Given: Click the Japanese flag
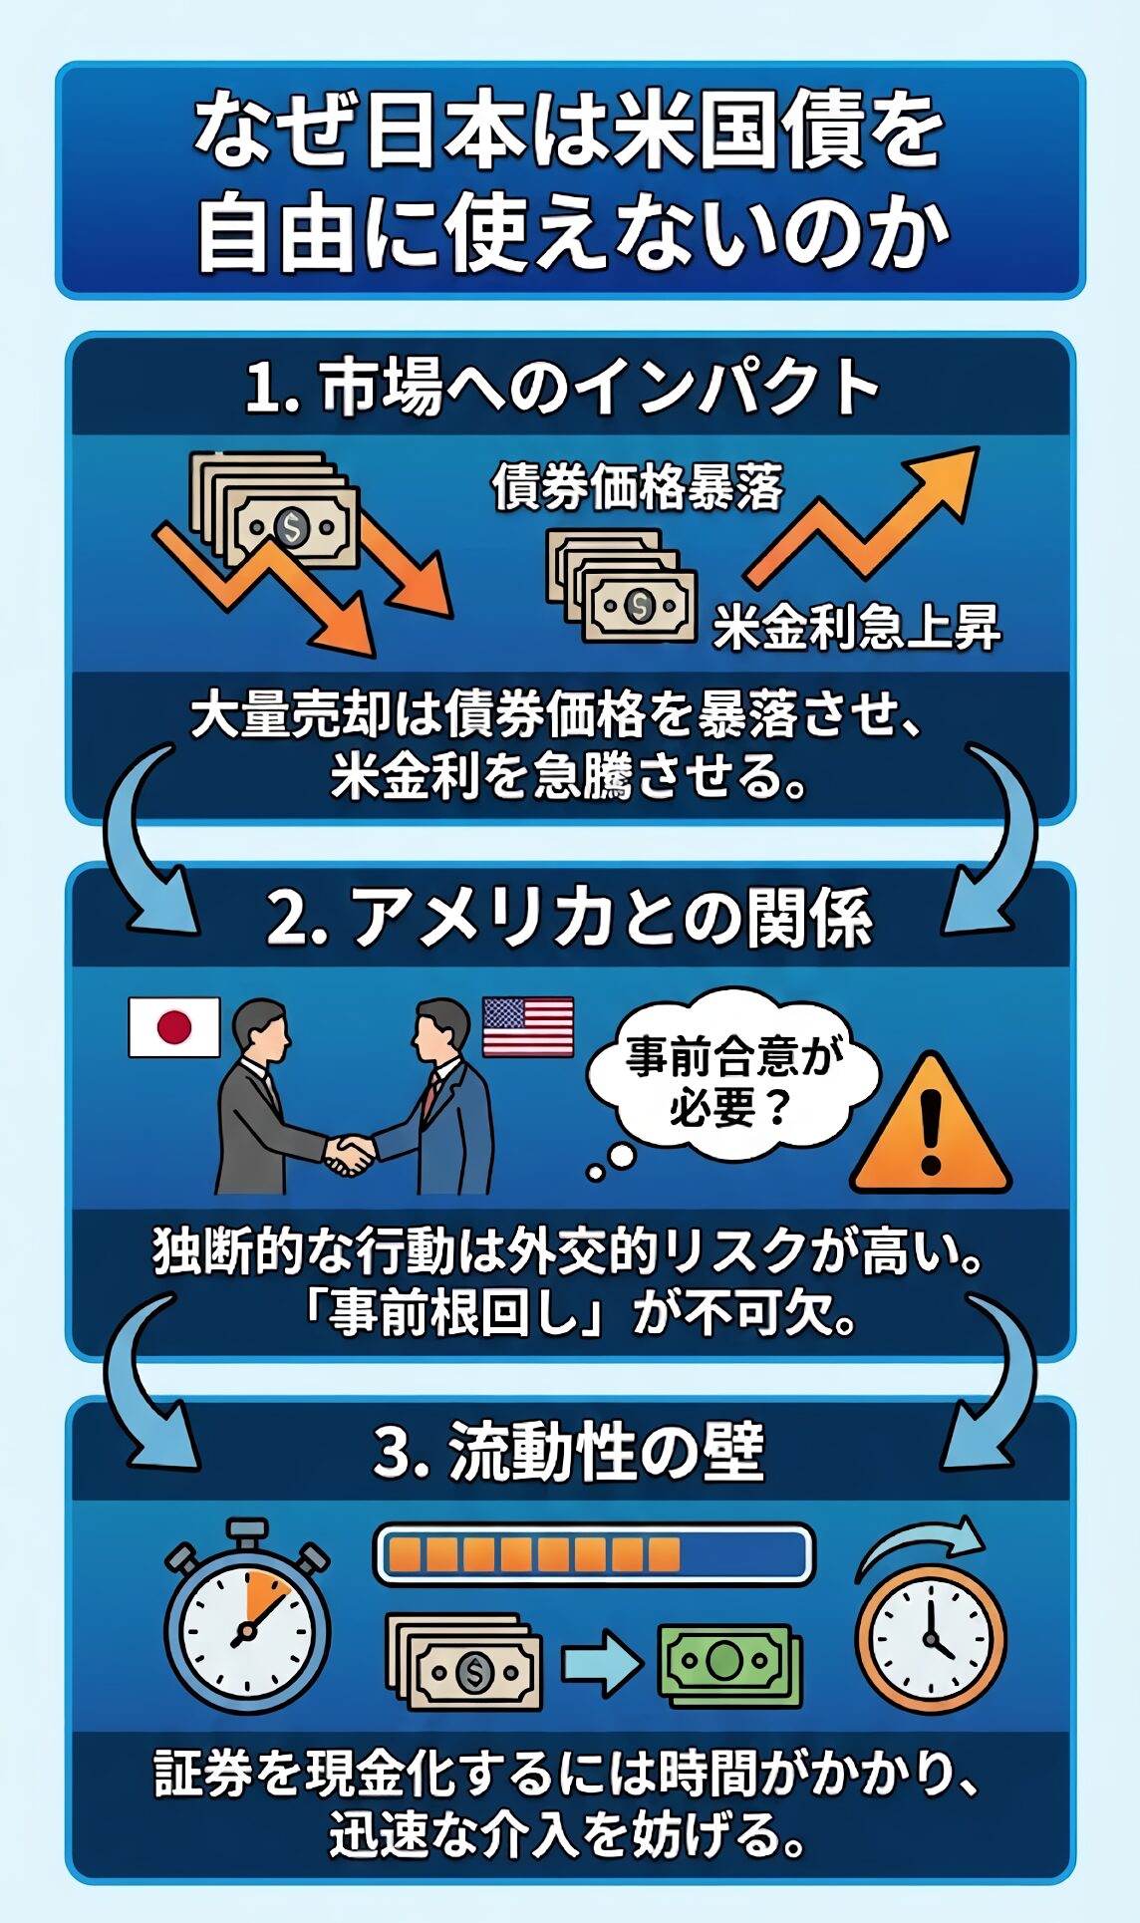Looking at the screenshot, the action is [x=174, y=1027].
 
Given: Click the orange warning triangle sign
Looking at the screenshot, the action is [x=931, y=1126].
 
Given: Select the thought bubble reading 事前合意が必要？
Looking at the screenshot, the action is [x=732, y=1076].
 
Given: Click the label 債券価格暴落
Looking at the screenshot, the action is [x=638, y=488].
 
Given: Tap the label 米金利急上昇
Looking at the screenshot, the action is [x=857, y=628].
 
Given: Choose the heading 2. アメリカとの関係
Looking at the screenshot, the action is [x=570, y=918].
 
